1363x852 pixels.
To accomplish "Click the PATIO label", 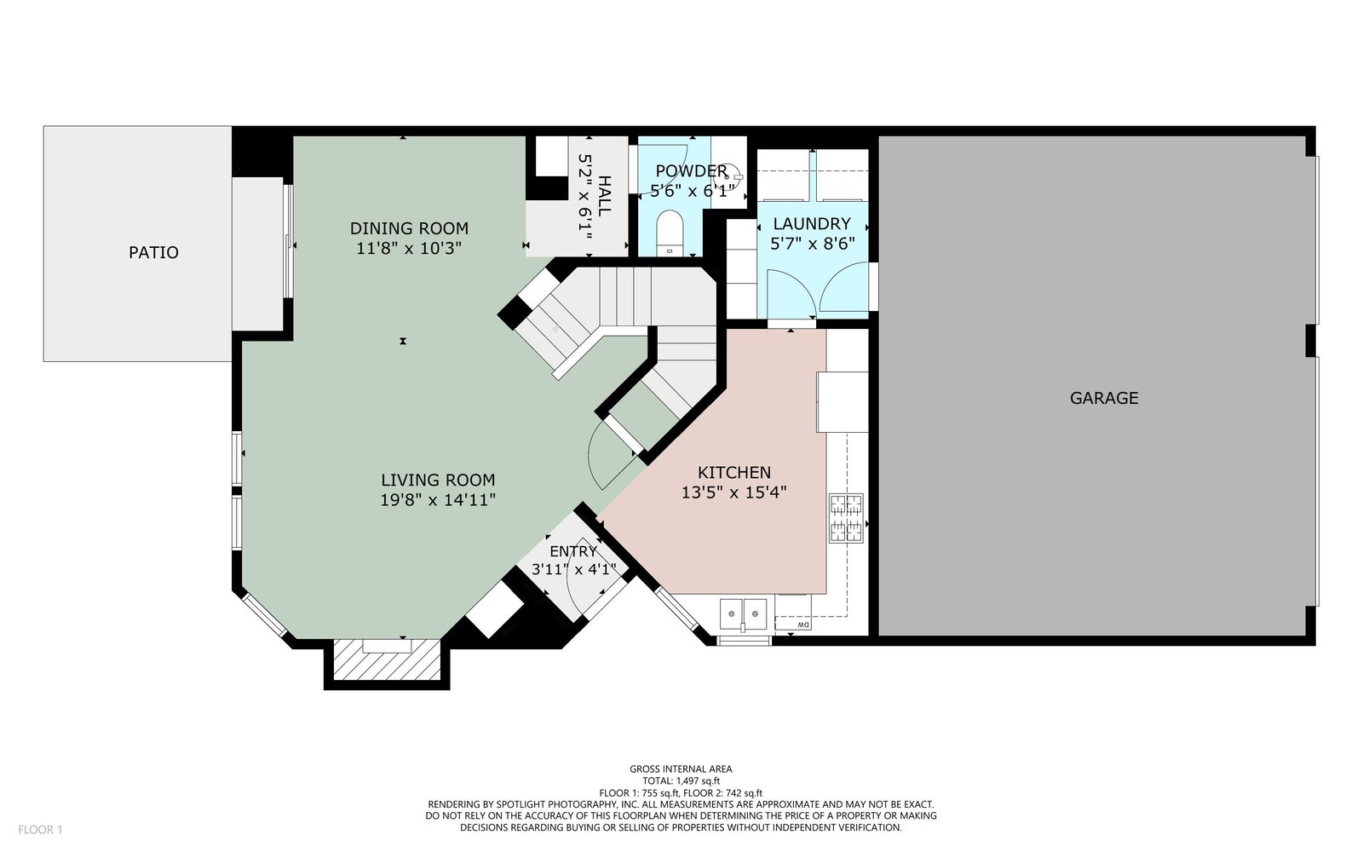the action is coord(153,252).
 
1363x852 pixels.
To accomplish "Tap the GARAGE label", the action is coord(1104,398).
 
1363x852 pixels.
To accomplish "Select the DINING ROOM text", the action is coord(409,229).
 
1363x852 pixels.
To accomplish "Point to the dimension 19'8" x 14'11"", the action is coord(438,500).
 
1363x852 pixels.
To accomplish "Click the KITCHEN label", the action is coord(733,472).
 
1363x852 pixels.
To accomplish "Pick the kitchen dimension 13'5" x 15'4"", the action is coord(733,492).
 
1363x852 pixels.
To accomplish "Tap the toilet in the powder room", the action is coord(670,233).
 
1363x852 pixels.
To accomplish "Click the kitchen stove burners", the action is coord(846,518).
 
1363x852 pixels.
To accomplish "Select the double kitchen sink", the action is coord(744,613).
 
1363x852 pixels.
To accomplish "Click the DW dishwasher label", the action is coord(803,625).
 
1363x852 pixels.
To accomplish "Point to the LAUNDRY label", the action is coord(812,224).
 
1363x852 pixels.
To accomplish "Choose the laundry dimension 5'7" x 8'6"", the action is coord(813,244).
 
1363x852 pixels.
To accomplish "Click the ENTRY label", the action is coord(573,551).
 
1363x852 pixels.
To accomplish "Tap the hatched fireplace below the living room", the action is coord(387,659).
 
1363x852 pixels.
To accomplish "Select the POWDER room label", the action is coord(691,171).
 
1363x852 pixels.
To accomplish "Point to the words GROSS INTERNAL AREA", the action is coord(681,769).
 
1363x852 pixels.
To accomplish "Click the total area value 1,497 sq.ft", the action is coord(698,781).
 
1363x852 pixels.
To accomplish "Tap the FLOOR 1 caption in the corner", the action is coord(40,830).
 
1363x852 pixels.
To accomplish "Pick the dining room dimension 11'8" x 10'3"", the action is coord(409,249).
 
